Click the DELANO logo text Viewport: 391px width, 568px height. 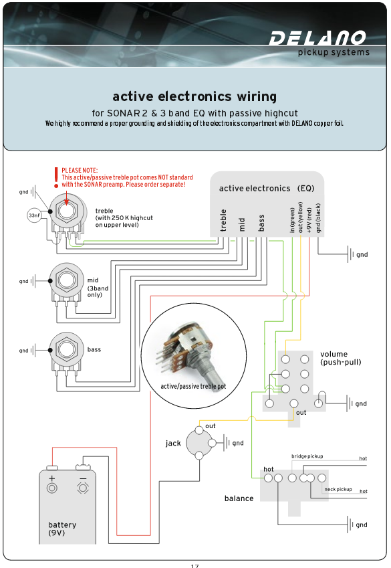[317, 38]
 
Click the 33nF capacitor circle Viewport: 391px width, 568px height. [34, 215]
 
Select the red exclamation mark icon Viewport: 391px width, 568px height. [56, 177]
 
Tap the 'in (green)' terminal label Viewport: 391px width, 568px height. [292, 220]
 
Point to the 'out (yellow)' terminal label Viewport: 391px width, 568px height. [300, 217]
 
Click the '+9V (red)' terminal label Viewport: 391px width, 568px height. [309, 220]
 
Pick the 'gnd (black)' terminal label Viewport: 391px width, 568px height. [318, 217]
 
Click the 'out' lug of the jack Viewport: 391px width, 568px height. [199, 430]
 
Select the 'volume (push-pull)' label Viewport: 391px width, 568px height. [341, 358]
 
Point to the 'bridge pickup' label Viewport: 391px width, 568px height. [307, 456]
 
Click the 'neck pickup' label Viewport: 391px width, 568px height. [338, 489]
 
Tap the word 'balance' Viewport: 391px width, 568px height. [239, 498]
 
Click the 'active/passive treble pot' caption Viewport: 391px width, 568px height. [193, 387]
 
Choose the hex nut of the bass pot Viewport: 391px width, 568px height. [66, 349]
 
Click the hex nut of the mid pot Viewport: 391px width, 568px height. [66, 280]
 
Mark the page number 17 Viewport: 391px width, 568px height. [194, 565]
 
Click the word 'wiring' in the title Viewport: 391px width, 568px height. [257, 97]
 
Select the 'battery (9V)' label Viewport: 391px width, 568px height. [62, 529]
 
